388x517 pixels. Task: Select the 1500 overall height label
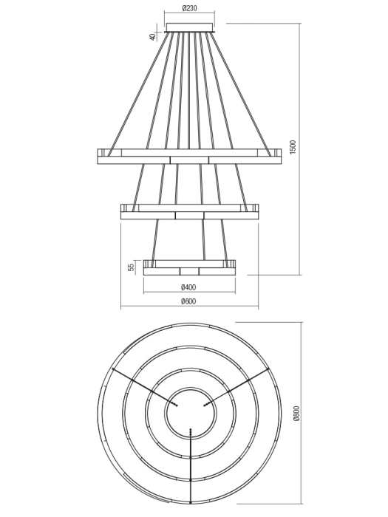tap(293, 148)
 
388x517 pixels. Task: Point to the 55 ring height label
tap(132, 267)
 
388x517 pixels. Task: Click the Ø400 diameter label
tap(188, 287)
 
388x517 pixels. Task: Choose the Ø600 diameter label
tap(188, 301)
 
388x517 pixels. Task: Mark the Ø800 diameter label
tap(296, 415)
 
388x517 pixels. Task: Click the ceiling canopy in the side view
tap(190, 28)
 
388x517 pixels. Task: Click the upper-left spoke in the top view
tap(144, 386)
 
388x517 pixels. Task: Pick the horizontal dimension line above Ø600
tap(190, 307)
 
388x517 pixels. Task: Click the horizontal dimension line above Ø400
tap(190, 292)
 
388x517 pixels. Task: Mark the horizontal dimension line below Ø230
tap(190, 14)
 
